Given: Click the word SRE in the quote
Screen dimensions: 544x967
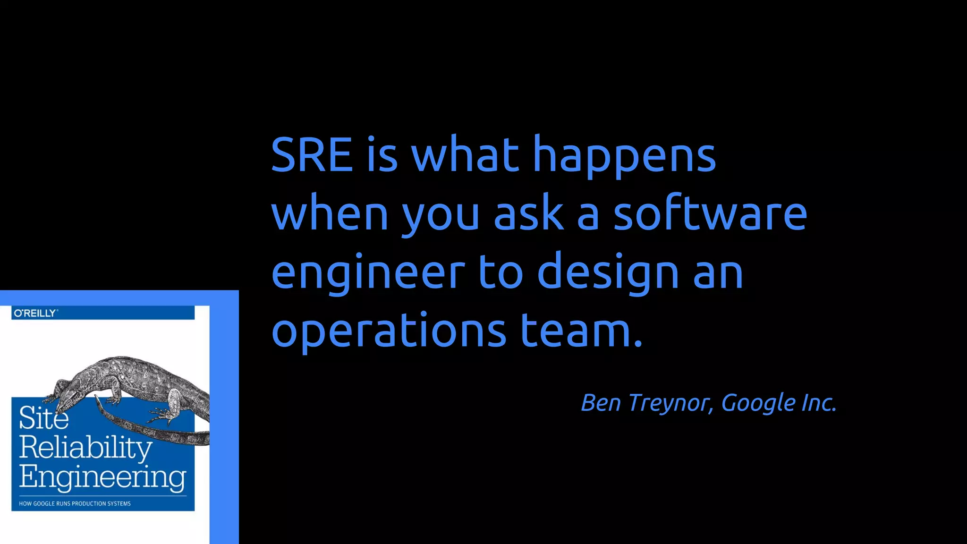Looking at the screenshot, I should pyautogui.click(x=312, y=154).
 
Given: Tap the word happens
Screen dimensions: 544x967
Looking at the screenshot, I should pyautogui.click(x=624, y=156).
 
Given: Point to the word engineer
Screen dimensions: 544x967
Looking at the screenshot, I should pyautogui.click(x=368, y=273).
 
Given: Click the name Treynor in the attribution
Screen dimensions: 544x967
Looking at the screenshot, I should pyautogui.click(x=670, y=403).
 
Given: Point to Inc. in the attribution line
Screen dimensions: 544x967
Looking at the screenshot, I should pyautogui.click(x=819, y=402).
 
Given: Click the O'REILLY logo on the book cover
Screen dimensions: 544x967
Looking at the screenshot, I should pyautogui.click(x=35, y=313).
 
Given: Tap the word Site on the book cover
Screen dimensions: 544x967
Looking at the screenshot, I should pyautogui.click(x=43, y=418).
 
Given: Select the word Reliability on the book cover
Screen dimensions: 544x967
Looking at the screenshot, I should pyautogui.click(x=85, y=448).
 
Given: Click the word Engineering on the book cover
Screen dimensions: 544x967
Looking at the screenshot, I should pyautogui.click(x=102, y=477).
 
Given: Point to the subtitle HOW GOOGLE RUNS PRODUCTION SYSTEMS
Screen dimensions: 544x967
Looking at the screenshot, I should pyautogui.click(x=75, y=503).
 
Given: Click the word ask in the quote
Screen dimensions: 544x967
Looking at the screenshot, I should pyautogui.click(x=528, y=213).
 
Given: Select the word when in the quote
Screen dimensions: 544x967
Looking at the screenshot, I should pyautogui.click(x=330, y=213).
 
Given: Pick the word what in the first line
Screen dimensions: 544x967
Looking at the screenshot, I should pyautogui.click(x=465, y=154).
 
